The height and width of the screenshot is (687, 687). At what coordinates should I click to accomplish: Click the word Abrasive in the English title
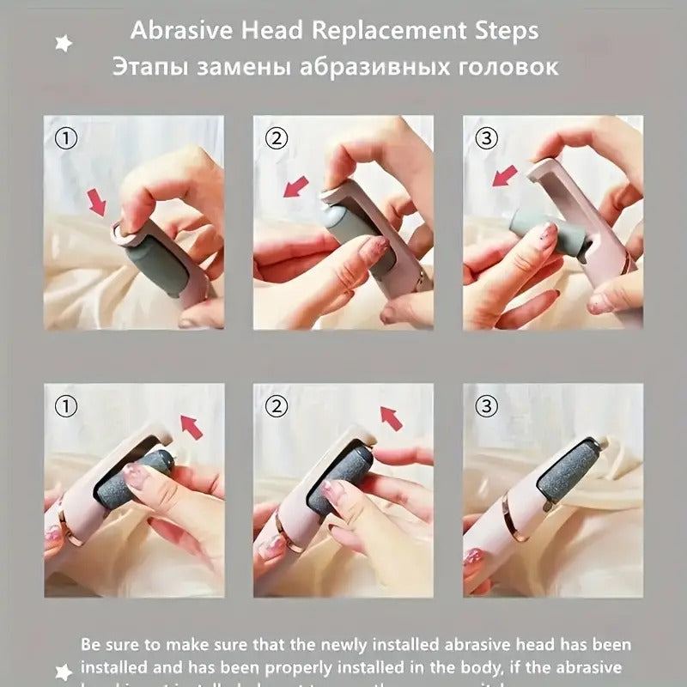coord(176,32)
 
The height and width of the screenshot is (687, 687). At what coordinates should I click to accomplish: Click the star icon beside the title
coord(64,43)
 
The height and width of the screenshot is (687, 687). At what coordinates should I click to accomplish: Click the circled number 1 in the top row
coord(65,137)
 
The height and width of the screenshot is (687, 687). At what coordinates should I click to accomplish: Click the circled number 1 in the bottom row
coord(65,405)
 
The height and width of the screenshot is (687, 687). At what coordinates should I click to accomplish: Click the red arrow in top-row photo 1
coord(97,203)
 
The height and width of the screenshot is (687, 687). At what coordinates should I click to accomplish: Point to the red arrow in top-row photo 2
coord(297,185)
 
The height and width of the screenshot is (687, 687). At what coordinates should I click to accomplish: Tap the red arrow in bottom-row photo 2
coord(392,418)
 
